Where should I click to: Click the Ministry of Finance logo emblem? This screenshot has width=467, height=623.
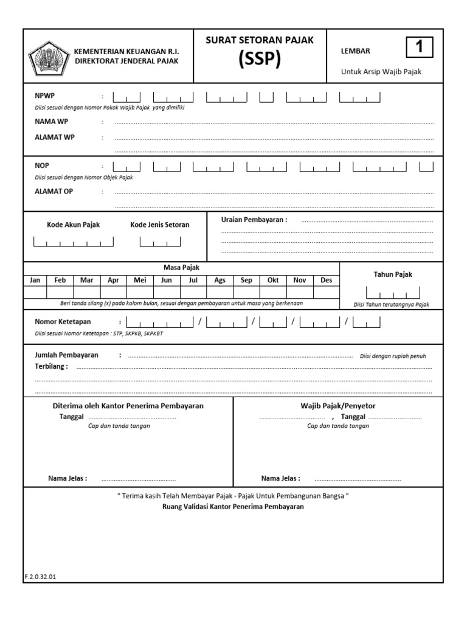(x=48, y=56)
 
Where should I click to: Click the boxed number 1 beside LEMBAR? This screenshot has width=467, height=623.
(x=418, y=47)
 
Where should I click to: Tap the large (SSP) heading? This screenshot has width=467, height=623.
(x=260, y=60)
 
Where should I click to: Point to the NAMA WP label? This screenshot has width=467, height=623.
(x=52, y=122)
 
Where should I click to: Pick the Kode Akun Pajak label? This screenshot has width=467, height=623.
(x=74, y=224)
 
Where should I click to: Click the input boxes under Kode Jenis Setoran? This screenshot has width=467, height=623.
(x=160, y=242)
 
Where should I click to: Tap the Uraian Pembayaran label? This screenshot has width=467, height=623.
(x=254, y=220)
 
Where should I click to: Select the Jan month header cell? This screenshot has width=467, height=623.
(x=35, y=280)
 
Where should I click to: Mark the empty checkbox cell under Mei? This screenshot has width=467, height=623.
(x=140, y=292)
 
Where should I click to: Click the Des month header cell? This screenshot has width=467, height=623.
(x=327, y=280)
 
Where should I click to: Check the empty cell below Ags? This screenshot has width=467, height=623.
(x=220, y=292)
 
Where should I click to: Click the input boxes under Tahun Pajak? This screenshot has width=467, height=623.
(x=392, y=293)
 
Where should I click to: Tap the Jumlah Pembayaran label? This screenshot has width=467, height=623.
(x=66, y=355)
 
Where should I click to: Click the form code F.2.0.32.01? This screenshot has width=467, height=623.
(x=40, y=577)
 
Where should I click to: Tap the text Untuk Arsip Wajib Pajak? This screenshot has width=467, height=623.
(x=381, y=72)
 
